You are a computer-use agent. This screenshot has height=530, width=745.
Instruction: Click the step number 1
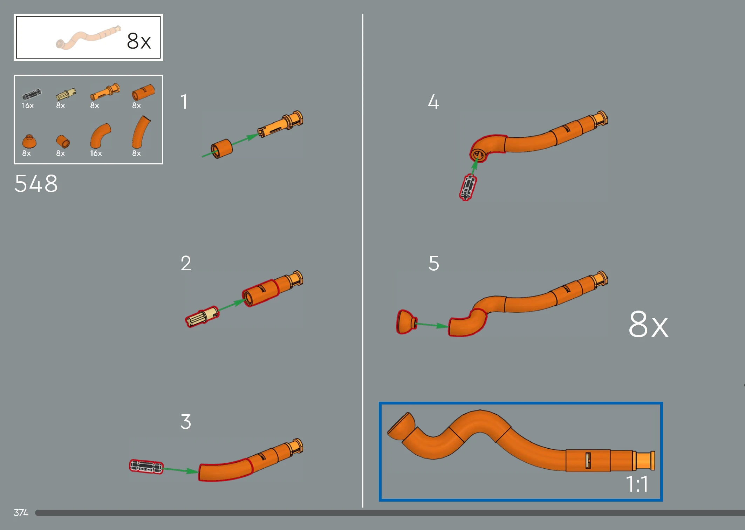click(184, 102)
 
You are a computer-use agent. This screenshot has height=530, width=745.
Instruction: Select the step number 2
click(186, 263)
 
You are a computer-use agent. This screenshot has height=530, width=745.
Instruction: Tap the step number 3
click(186, 422)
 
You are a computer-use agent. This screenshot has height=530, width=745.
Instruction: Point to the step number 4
click(433, 102)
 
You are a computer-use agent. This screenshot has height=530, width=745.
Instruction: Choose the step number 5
click(434, 263)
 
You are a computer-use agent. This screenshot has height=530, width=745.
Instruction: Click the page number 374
click(21, 513)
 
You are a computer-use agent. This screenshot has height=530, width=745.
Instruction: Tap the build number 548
click(36, 184)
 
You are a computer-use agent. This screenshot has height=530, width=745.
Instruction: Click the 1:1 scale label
click(637, 484)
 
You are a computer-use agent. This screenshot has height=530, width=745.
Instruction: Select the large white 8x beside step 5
click(648, 324)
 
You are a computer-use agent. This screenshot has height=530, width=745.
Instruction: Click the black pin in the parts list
click(32, 94)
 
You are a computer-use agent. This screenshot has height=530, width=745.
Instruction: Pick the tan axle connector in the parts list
click(66, 94)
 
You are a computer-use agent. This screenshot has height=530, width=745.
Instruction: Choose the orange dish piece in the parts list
click(29, 141)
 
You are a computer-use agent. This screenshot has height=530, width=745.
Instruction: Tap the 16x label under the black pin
click(28, 106)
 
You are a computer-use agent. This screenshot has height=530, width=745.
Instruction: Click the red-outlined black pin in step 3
click(146, 467)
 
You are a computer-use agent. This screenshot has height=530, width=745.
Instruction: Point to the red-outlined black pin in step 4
click(468, 187)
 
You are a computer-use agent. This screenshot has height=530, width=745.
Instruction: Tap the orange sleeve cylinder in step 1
click(221, 149)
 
